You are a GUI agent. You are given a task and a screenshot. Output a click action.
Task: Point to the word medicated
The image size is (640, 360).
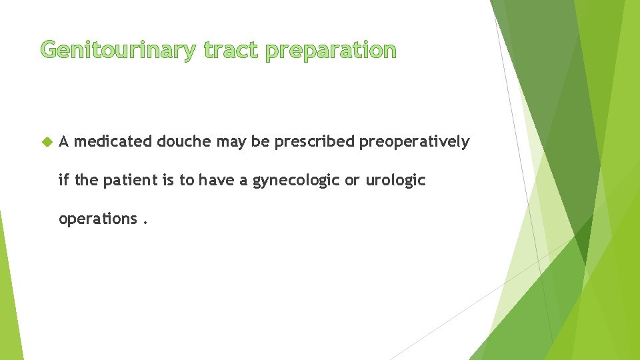tap(113, 141)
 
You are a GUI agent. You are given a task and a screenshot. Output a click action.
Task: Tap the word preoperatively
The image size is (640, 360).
tap(414, 142)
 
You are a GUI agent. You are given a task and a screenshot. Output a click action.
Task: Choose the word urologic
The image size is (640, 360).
tap(395, 181)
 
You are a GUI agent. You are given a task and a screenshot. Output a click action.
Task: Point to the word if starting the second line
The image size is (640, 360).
tap(64, 180)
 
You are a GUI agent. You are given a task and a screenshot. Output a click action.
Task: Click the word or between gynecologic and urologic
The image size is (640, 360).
tap(351, 181)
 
